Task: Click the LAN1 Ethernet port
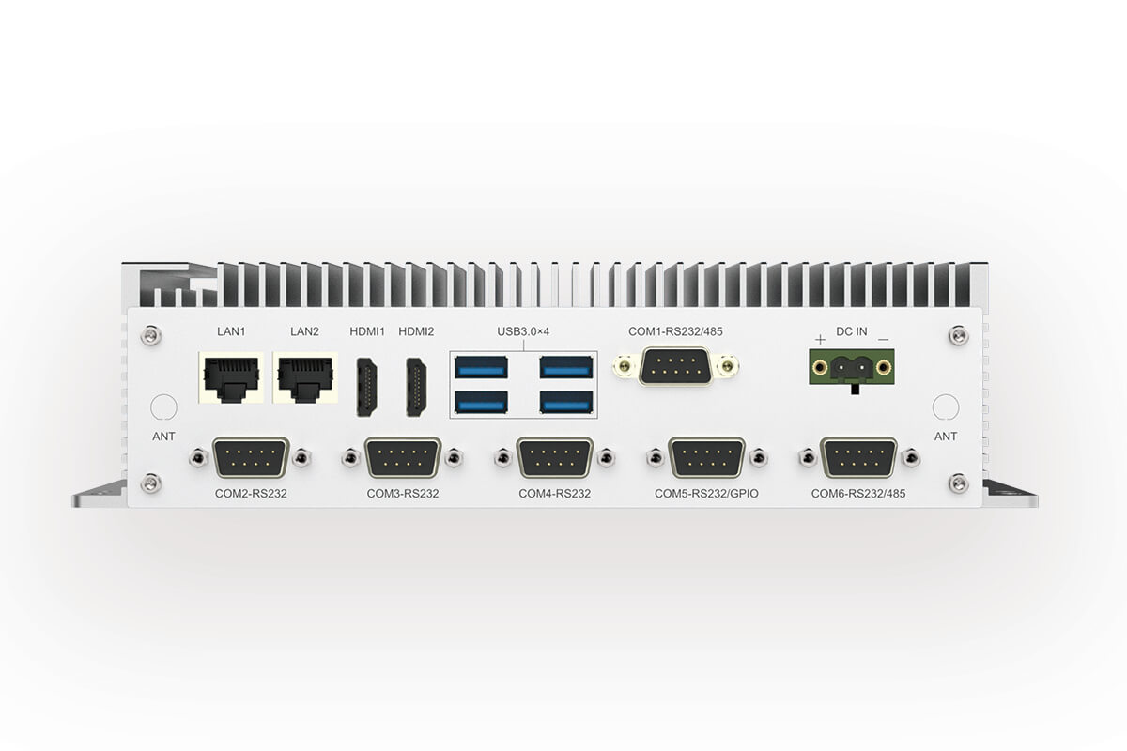click(x=231, y=377)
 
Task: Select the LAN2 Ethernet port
click(x=305, y=377)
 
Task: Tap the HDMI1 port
click(x=367, y=387)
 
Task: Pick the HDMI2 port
click(x=417, y=387)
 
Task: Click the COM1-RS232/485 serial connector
click(x=675, y=366)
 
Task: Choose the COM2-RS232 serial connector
click(x=251, y=458)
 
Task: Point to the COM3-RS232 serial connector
click(x=403, y=458)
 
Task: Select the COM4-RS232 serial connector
click(x=555, y=458)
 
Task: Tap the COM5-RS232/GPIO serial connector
click(x=707, y=458)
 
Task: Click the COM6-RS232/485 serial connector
click(x=858, y=458)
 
